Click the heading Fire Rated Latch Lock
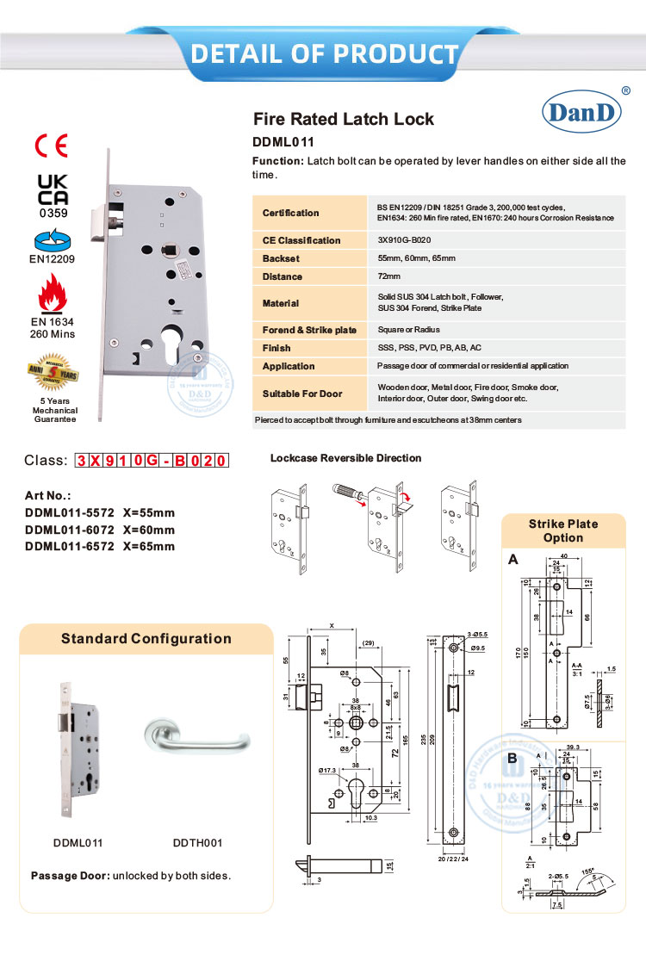click(343, 119)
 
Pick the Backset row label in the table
click(281, 258)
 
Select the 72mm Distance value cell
click(389, 276)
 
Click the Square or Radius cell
click(408, 330)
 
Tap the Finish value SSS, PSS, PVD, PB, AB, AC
click(429, 348)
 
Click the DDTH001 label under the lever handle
click(198, 843)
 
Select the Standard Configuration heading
click(146, 639)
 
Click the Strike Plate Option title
click(562, 530)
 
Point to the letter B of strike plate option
click(512, 760)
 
